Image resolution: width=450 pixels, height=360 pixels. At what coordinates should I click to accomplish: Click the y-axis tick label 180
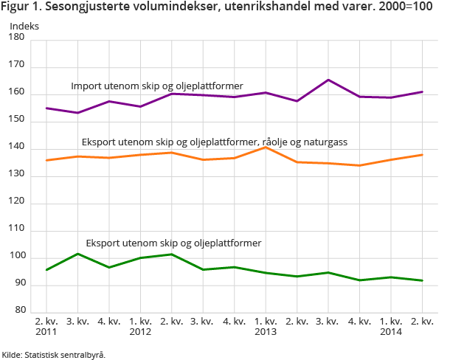click(x=17, y=39)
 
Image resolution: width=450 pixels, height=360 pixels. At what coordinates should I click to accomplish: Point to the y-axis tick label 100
click(x=17, y=257)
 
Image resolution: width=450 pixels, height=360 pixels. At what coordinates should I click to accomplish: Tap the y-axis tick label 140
click(x=17, y=148)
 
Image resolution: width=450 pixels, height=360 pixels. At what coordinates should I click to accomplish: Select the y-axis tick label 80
click(x=19, y=311)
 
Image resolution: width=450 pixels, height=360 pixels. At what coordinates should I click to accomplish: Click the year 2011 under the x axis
click(x=46, y=333)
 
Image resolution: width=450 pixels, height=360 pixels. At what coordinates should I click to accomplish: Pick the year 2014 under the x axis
click(x=390, y=333)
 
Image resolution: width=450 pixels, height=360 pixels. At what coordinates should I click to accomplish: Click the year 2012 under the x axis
click(x=140, y=333)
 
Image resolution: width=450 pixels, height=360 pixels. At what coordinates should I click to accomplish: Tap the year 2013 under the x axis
click(x=265, y=333)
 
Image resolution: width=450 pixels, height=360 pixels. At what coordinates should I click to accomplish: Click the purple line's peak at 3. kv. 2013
click(x=328, y=80)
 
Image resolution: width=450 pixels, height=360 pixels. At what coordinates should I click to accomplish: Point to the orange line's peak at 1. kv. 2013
click(x=266, y=148)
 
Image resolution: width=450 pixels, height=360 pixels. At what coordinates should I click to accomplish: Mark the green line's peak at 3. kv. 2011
click(x=77, y=254)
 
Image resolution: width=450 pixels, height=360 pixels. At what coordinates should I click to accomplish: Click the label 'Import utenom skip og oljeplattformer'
click(x=156, y=86)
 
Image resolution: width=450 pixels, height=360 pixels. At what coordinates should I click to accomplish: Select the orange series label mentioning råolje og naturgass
click(x=214, y=142)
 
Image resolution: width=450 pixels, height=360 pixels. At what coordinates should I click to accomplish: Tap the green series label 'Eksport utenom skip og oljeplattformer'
click(x=173, y=242)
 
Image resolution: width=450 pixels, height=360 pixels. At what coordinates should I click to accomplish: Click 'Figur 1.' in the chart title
click(x=23, y=8)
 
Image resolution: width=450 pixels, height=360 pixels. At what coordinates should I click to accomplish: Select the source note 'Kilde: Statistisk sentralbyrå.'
click(x=54, y=354)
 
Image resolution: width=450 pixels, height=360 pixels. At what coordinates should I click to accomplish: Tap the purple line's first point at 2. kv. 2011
click(x=46, y=108)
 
